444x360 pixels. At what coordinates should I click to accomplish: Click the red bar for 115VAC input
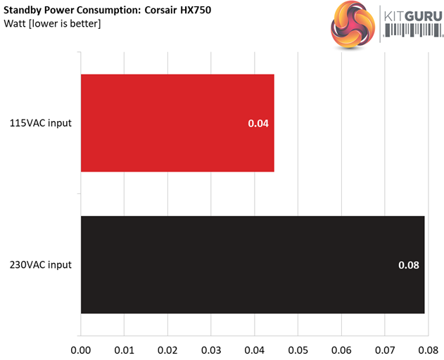click(177, 123)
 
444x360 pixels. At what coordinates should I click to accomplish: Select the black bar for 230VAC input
click(253, 264)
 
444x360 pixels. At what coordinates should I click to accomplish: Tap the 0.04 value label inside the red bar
click(258, 124)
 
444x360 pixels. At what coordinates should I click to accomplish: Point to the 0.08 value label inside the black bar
click(409, 265)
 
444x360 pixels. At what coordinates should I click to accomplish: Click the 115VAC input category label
click(40, 124)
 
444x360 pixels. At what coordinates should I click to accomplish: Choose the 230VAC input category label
click(40, 265)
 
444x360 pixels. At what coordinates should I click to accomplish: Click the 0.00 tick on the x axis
click(81, 348)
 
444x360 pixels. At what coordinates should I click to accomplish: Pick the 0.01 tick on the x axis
click(125, 348)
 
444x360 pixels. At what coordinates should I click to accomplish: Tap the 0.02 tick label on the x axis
click(168, 348)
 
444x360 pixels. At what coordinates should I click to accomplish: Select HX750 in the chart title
click(195, 11)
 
